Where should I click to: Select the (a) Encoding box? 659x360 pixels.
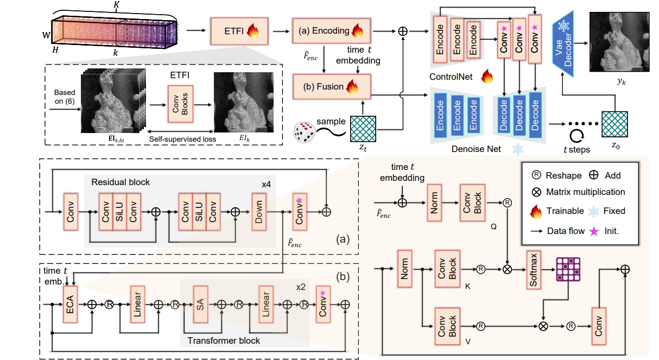(x=331, y=31)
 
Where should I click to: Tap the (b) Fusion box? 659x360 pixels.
(x=331, y=87)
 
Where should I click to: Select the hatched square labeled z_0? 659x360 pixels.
(x=614, y=125)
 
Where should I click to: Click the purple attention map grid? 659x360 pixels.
(x=568, y=268)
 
